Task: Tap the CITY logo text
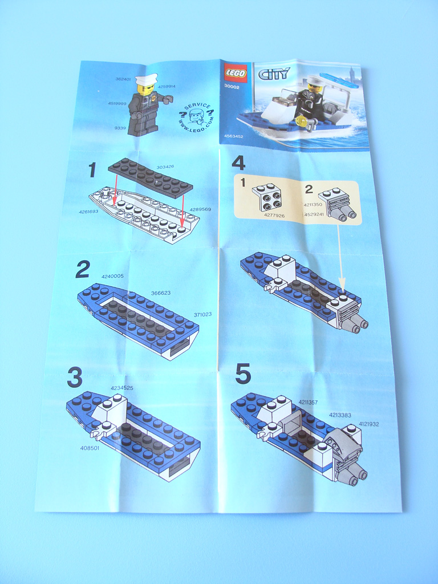tap(274, 74)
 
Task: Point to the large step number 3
tap(75, 377)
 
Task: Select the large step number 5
tap(243, 374)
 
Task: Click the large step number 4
tap(238, 163)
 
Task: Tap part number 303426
tap(165, 167)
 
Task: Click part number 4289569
tap(201, 209)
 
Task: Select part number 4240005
tap(112, 276)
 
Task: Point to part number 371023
tap(202, 314)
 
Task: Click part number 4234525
tap(122, 388)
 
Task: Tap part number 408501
tap(90, 448)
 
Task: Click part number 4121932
tap(369, 424)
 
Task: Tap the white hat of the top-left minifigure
tap(146, 79)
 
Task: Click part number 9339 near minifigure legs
tap(120, 128)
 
